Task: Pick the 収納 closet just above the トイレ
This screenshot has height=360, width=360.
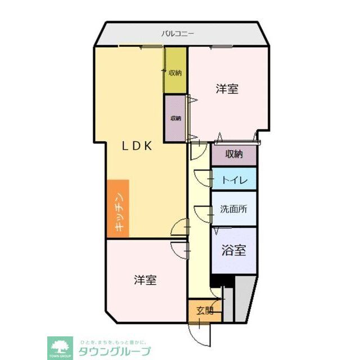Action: point(234,154)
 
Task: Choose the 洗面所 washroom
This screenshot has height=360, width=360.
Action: point(234,208)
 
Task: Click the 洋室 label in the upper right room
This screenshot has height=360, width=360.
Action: point(227,89)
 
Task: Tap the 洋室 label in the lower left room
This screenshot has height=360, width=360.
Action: point(145,280)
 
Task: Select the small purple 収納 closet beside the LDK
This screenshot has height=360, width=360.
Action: point(175,118)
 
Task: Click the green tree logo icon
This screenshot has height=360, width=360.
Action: point(60,345)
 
